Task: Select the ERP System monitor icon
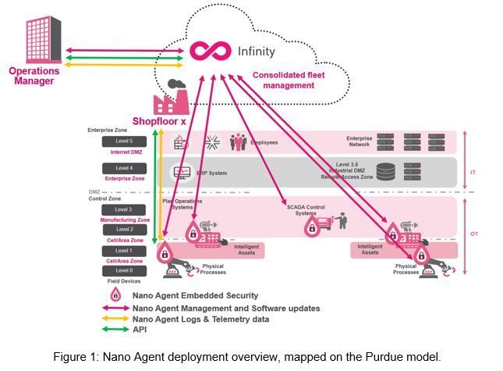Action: coord(181,172)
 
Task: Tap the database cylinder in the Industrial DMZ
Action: coord(385,172)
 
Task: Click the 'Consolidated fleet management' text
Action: coord(284,80)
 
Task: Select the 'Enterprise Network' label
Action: coord(359,141)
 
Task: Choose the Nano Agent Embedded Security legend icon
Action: coord(115,294)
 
